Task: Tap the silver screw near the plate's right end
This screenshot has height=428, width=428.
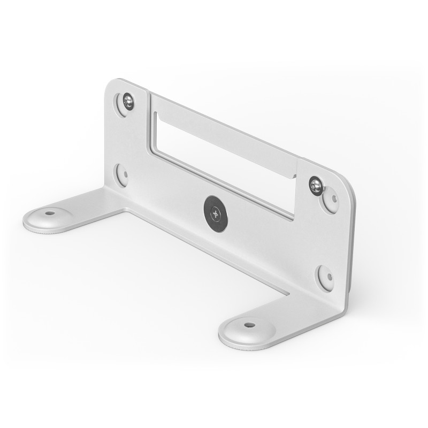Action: click(x=316, y=186)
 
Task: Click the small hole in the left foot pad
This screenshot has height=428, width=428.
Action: click(x=50, y=213)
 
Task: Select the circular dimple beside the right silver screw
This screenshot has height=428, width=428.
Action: click(x=331, y=200)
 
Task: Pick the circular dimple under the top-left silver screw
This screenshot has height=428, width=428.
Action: click(x=123, y=105)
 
